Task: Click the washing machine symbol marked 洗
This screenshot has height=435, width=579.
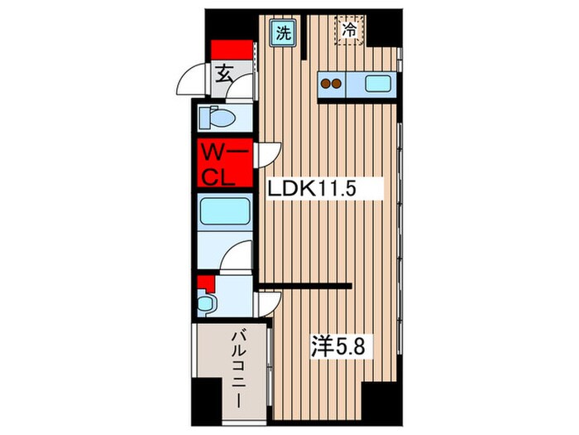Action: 284,33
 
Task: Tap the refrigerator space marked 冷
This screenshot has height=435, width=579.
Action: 349,31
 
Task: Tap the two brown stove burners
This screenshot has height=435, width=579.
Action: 333,83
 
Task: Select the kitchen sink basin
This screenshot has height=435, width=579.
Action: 378,83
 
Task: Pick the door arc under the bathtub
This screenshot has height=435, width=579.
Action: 238,254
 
